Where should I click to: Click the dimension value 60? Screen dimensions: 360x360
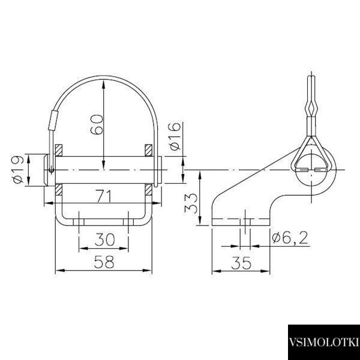(x=97, y=124)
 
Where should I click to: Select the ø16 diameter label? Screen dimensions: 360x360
(x=175, y=136)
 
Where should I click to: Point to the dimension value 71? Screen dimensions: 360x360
(x=104, y=196)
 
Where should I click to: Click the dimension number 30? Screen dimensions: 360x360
(x=104, y=239)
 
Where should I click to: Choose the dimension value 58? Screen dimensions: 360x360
(x=104, y=262)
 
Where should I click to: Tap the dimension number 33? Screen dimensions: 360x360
(x=191, y=203)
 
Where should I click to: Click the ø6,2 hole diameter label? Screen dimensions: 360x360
(x=290, y=238)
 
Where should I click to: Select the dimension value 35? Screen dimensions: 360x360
(x=241, y=263)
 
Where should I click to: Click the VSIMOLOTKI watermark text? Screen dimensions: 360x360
(x=324, y=342)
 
